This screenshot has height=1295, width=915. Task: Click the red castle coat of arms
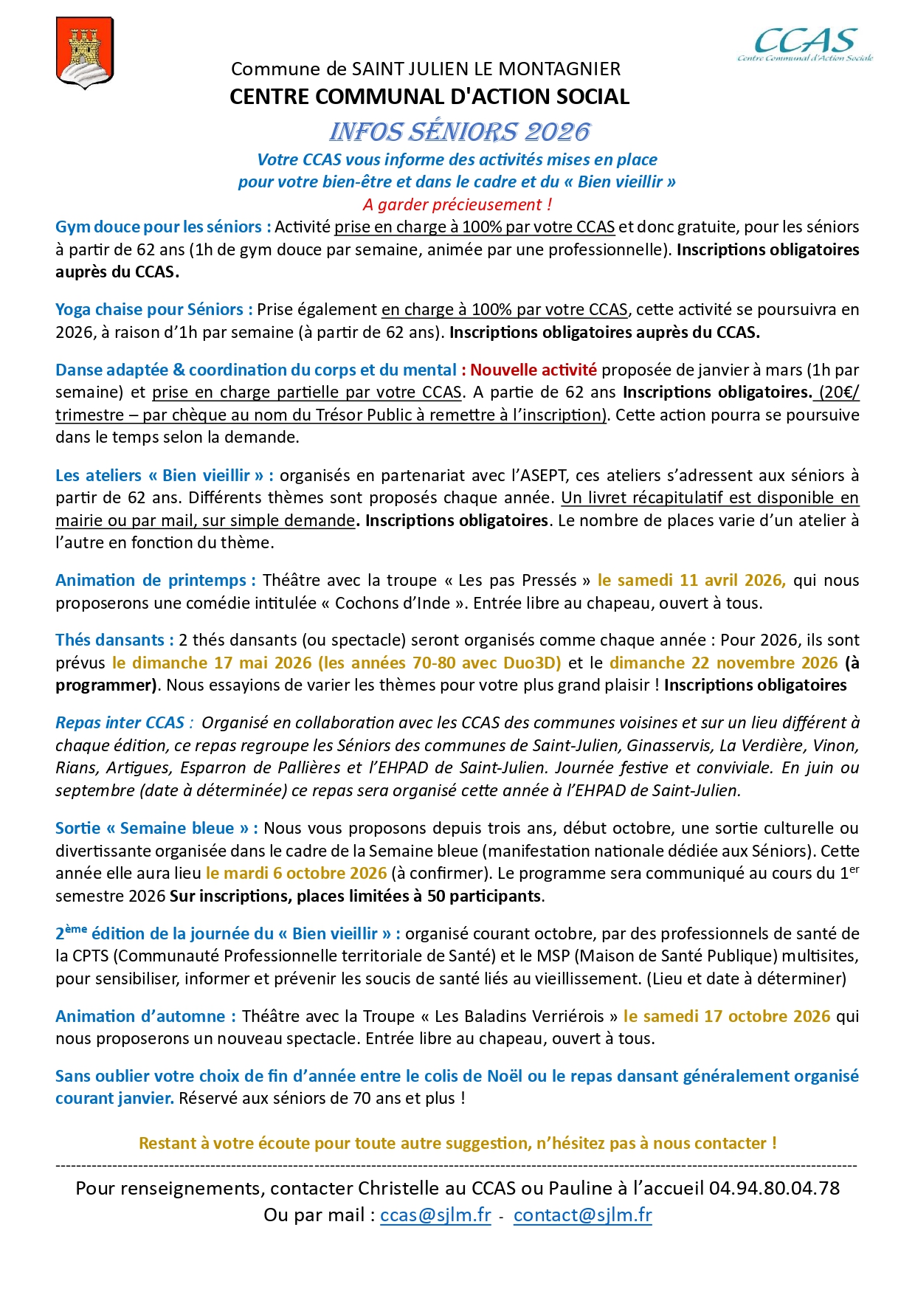coord(85,52)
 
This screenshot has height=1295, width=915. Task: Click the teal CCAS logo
coord(805,44)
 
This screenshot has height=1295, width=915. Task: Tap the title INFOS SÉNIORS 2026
coord(459,132)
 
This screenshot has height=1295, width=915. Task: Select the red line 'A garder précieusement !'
coord(457,204)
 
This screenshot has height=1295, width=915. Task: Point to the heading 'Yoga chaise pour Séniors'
coord(153,310)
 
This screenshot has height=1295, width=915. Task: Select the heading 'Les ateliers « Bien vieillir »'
coord(165,476)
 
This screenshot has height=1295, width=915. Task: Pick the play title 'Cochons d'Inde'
coord(393,604)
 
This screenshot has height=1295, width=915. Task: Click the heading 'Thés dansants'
coord(114,640)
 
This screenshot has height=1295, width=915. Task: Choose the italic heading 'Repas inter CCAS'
coord(120,723)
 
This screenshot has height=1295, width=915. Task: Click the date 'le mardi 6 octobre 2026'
coord(296,874)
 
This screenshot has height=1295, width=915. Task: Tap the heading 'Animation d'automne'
coord(145,1017)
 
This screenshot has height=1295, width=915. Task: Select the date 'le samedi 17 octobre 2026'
coord(727,1017)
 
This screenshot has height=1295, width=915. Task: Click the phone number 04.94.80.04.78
coord(774,1189)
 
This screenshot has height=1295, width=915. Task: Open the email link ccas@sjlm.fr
coord(435,1215)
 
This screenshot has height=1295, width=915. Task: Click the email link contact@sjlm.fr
coord(582,1215)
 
